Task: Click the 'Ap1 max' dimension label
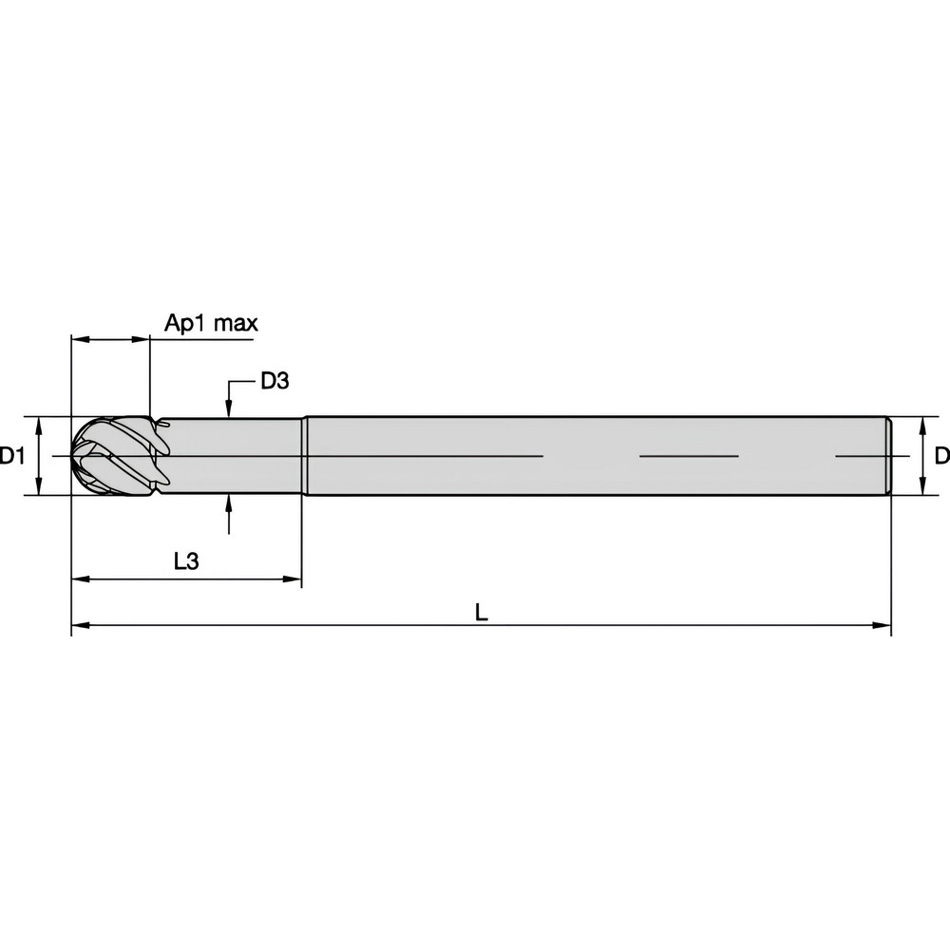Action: [211, 323]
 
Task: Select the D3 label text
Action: [274, 382]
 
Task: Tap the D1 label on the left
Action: [12, 456]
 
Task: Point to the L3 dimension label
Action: [186, 561]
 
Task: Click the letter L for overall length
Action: [482, 614]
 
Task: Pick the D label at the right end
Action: [940, 456]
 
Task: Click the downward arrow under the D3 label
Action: [229, 405]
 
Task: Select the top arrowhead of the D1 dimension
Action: [38, 424]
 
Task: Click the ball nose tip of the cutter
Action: [74, 456]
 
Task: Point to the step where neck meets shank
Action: [303, 456]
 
